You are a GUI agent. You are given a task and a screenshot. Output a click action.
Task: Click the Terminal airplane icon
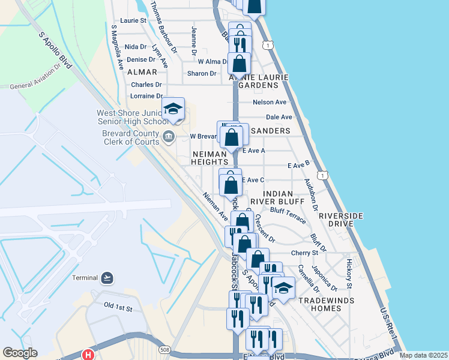coord(107,277)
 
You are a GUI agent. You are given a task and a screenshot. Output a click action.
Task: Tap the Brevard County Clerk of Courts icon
coord(169,136)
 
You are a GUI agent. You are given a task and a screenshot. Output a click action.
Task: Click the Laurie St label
coord(133,20)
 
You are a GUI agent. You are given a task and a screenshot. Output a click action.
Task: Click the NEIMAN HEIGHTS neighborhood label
coord(209,158)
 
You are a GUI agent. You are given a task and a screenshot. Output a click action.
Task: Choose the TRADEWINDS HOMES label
coord(320,304)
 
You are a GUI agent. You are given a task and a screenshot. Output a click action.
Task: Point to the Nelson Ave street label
coord(270,103)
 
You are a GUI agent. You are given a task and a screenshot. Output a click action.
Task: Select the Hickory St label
coord(349,273)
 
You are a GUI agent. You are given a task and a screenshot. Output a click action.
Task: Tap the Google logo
coord(20,353)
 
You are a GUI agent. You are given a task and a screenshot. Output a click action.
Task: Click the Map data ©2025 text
coord(423,355)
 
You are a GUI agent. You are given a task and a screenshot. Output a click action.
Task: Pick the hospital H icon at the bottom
coord(89,355)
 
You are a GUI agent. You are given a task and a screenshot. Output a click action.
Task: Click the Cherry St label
coord(304,253)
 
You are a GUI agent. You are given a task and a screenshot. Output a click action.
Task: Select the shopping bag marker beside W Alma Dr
coord(239,63)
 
